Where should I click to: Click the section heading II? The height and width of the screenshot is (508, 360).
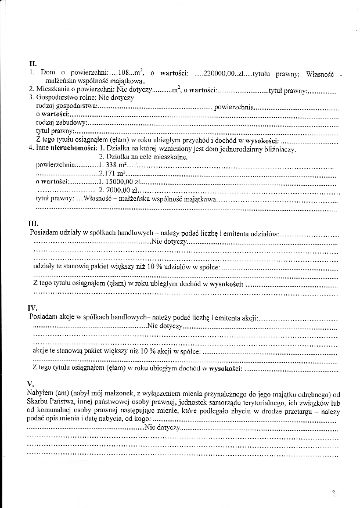pos(33,63)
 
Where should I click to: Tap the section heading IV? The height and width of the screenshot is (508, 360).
pos(33,308)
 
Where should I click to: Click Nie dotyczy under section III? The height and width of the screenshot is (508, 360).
pos(169,240)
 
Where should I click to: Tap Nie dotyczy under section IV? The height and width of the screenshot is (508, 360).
pos(165,326)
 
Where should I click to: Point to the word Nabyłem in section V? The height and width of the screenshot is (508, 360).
pos(39,393)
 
